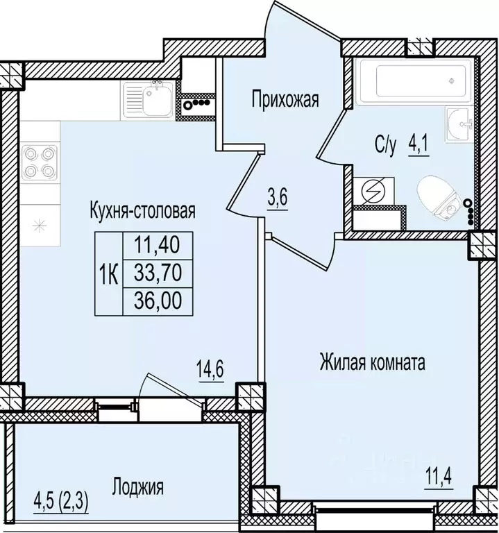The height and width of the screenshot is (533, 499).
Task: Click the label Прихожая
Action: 285,101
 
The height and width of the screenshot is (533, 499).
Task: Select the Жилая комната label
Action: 372,362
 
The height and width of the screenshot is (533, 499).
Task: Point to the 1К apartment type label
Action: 108,274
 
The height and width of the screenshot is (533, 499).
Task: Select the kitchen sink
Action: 148,99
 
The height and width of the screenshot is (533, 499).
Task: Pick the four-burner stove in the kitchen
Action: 39,161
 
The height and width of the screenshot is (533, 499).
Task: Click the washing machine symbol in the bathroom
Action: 374,189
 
